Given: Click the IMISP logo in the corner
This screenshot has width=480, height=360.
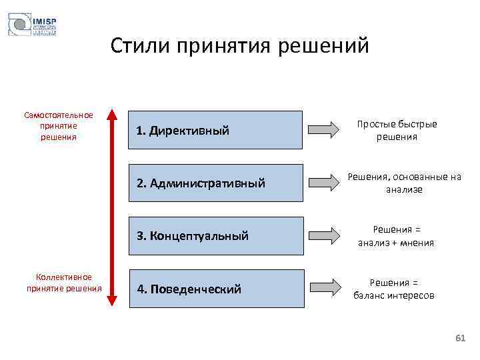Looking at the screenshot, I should [x=32, y=25].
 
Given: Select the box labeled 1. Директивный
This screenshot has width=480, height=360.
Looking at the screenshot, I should [x=215, y=130].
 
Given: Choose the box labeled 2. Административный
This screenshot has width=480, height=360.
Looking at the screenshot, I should [x=215, y=183].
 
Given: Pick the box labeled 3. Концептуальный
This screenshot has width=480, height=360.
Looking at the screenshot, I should [x=215, y=235].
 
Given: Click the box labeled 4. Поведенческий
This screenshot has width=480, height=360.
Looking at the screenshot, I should [x=215, y=289].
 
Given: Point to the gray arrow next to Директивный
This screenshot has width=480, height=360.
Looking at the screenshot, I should [x=325, y=130].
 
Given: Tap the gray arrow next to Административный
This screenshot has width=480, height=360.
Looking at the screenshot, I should [x=325, y=183].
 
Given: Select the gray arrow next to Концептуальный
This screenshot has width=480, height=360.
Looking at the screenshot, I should [x=325, y=235].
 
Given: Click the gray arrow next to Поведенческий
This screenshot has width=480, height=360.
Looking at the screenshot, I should [x=325, y=289].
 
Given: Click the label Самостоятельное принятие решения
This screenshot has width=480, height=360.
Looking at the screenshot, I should [x=59, y=126].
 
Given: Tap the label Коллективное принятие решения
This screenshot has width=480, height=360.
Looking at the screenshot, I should [x=64, y=283].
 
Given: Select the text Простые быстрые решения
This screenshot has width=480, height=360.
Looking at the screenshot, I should [x=397, y=131].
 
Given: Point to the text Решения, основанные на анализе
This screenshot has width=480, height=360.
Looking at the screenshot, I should [x=404, y=183].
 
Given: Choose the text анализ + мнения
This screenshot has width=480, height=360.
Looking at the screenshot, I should [x=396, y=243].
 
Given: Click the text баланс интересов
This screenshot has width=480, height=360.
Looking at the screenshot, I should [x=394, y=295].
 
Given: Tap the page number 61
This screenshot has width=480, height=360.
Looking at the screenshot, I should [x=459, y=339].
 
